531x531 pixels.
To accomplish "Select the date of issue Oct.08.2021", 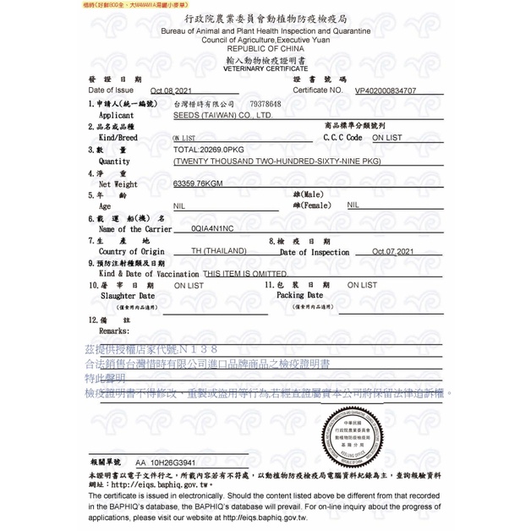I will (x=173, y=90).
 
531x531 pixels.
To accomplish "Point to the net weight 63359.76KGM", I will (x=198, y=182).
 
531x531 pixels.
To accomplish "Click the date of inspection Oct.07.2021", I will (x=393, y=252).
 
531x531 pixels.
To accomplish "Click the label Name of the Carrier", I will (x=135, y=228).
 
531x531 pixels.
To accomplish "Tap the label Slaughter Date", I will (x=128, y=296).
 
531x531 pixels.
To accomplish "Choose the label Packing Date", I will (x=300, y=296).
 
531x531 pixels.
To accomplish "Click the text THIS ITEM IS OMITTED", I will (x=244, y=274).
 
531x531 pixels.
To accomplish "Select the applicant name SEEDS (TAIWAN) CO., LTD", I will (x=222, y=114).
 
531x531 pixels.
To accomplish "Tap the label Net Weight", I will (x=118, y=183).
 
